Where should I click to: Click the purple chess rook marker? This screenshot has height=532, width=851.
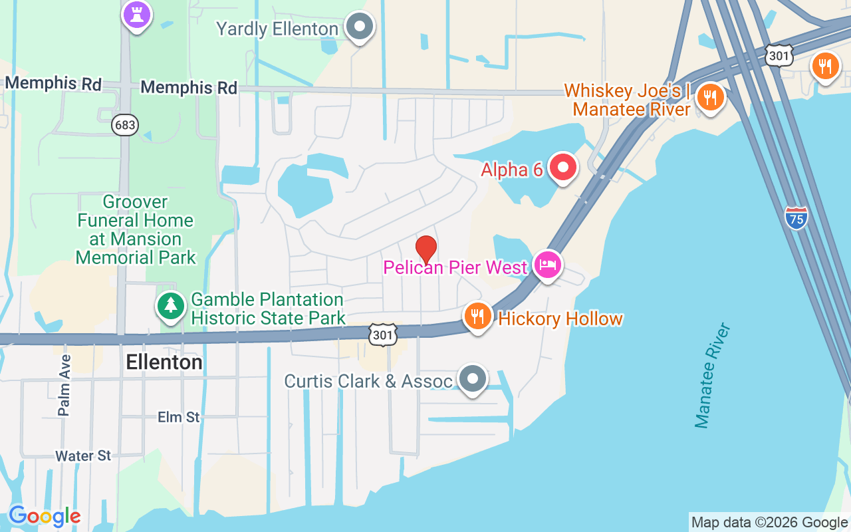click(x=137, y=14)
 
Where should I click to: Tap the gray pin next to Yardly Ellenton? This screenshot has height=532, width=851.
click(x=360, y=27)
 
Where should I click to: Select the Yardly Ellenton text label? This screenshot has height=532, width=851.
click(x=277, y=29)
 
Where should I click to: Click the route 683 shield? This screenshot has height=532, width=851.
click(x=124, y=125)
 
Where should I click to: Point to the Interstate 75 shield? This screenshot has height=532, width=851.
click(x=796, y=217)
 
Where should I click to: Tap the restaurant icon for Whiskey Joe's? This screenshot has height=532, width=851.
click(x=711, y=97)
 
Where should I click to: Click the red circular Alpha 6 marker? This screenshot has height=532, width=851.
click(x=563, y=168)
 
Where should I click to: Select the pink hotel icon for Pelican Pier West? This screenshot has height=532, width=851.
click(x=547, y=265)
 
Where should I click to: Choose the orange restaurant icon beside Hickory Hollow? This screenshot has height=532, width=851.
click(x=477, y=317)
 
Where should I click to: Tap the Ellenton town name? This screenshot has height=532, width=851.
click(x=164, y=362)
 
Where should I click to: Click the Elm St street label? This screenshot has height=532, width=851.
click(x=179, y=417)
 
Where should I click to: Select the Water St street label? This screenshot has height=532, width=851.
click(x=84, y=456)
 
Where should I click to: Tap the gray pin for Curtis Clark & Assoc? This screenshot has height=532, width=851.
click(x=473, y=379)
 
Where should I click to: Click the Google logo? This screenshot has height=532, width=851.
click(x=45, y=516)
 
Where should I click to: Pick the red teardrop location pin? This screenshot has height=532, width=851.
click(x=425, y=249)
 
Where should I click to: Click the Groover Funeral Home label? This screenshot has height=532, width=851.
click(x=136, y=229)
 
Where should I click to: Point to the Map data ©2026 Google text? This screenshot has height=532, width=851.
click(x=769, y=523)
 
